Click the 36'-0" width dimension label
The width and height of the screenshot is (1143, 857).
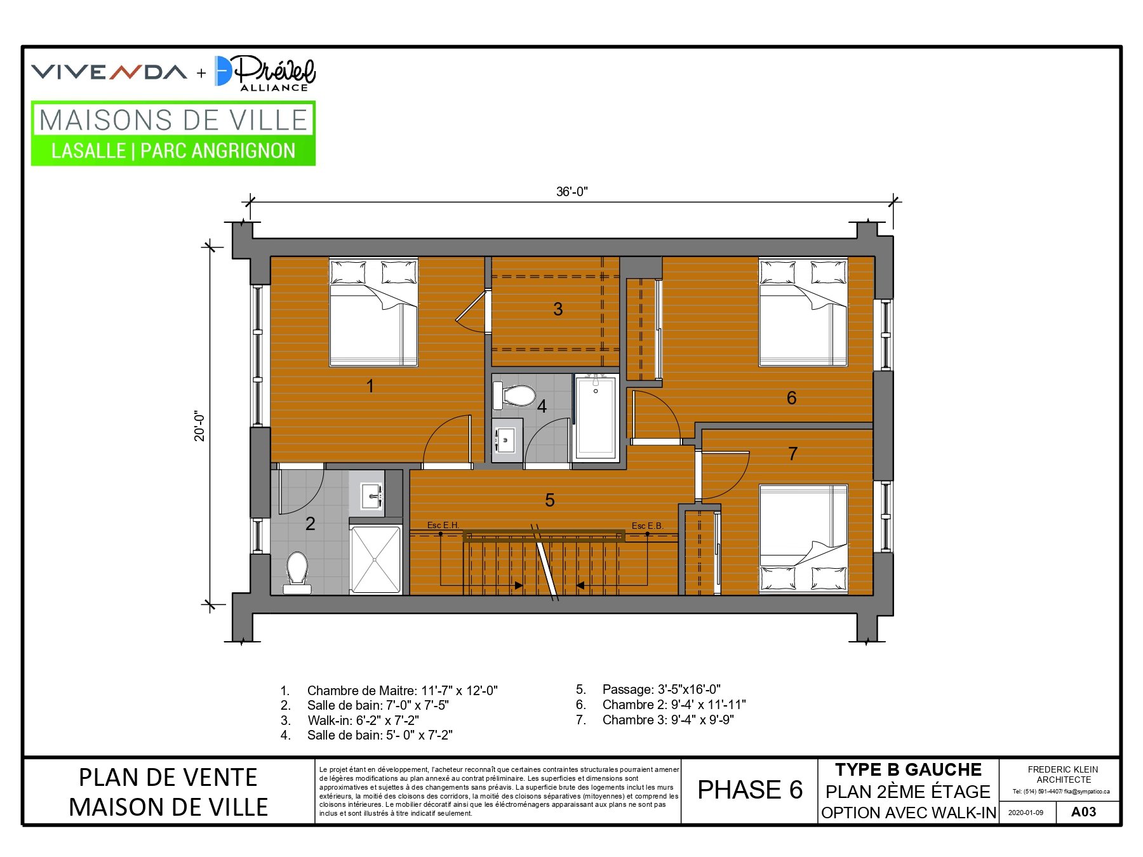tap(571, 192)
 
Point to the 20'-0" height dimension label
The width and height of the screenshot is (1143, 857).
tap(200, 426)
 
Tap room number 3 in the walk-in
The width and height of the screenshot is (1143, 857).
tap(558, 309)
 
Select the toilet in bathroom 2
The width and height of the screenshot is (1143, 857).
tap(297, 573)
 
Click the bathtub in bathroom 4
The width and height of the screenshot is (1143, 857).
tap(596, 416)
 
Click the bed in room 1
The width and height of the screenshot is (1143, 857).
tap(373, 312)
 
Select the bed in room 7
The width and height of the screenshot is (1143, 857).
tap(803, 540)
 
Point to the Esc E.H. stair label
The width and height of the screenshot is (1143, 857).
tap(443, 525)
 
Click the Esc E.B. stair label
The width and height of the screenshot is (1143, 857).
tap(647, 526)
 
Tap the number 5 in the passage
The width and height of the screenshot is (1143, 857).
tap(550, 500)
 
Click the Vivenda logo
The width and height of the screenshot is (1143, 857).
tap(109, 72)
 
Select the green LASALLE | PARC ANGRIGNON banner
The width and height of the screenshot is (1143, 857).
tap(173, 151)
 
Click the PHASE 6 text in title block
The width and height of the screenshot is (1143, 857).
tap(750, 790)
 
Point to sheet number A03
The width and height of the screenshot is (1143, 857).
tap(1083, 812)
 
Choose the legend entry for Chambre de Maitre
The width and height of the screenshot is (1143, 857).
tap(389, 691)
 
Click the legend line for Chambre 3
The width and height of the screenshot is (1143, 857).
tap(655, 720)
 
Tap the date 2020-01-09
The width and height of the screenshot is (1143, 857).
tap(1026, 813)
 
